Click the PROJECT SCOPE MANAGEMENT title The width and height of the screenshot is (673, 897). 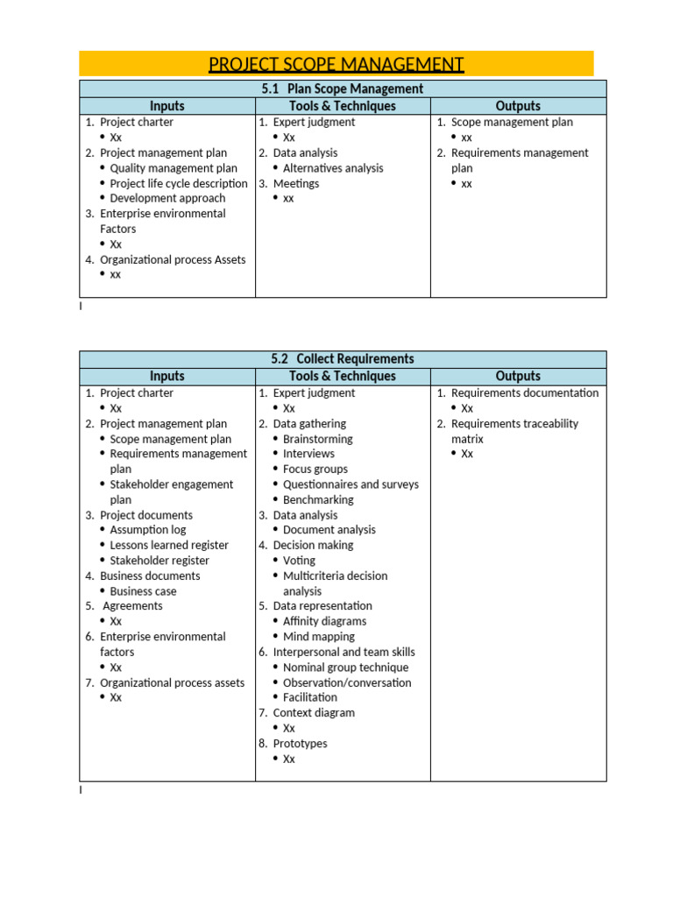pos(336,65)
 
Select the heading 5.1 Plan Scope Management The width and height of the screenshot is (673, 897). pos(343,88)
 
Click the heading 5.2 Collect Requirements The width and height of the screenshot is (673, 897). pos(343,359)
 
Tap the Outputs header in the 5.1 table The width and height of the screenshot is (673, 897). pos(518,106)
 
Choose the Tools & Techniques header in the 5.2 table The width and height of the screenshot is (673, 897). pos(343,376)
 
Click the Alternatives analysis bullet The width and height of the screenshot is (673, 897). pos(333,168)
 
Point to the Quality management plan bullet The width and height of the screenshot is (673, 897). pos(174,168)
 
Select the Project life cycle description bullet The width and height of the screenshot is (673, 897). pos(179,184)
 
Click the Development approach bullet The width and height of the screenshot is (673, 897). pos(167,199)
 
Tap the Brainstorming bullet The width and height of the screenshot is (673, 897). pos(317,439)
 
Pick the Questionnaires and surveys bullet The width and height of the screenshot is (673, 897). pos(351,484)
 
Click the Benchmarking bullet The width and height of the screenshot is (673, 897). pos(318,500)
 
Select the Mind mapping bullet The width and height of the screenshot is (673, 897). pos(319,637)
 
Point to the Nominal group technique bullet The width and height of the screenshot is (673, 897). pos(346,667)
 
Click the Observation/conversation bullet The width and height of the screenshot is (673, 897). pos(347,682)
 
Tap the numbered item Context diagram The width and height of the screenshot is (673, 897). pos(314,713)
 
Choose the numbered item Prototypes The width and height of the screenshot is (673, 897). pos(300,744)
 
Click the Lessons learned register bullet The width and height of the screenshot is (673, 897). pos(169,545)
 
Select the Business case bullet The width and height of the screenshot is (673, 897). pos(143,591)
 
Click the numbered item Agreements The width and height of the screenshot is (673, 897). pos(132,606)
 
